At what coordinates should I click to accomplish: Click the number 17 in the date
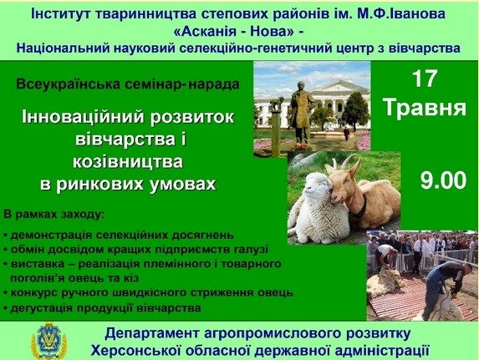425,79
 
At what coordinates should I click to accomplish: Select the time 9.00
444,180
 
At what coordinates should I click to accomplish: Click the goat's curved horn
349,161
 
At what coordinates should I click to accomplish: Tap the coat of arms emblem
48,341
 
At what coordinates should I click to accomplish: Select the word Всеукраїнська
68,84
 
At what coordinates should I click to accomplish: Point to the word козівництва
128,162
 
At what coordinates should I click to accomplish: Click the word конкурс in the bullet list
34,292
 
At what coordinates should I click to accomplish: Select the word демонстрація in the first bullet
51,235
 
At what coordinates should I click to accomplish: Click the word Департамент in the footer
152,334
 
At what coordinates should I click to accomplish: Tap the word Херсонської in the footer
136,351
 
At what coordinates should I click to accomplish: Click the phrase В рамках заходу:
54,215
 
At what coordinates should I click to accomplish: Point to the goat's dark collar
359,208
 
